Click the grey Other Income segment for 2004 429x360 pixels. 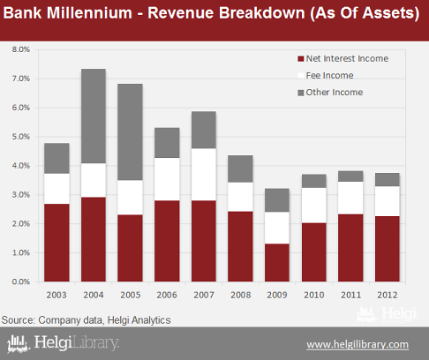click(94, 116)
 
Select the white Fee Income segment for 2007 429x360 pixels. click(204, 175)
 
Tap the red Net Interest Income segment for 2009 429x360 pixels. click(277, 263)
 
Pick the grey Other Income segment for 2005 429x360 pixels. click(130, 132)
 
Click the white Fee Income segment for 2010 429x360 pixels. click(314, 206)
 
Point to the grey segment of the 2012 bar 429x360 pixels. click(388, 179)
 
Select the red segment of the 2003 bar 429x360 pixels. click(56, 243)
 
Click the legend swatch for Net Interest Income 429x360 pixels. click(301, 59)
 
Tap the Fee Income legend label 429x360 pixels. click(329, 76)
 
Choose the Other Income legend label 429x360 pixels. click(335, 93)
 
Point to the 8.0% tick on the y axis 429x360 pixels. click(21, 49)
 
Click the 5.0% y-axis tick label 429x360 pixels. click(21, 137)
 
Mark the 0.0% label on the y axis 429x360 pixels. click(21, 281)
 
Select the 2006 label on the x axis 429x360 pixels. click(167, 295)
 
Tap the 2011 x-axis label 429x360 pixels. click(350, 295)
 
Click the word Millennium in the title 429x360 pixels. click(89, 13)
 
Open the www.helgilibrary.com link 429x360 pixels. click(357, 344)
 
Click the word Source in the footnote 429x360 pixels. click(18, 320)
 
